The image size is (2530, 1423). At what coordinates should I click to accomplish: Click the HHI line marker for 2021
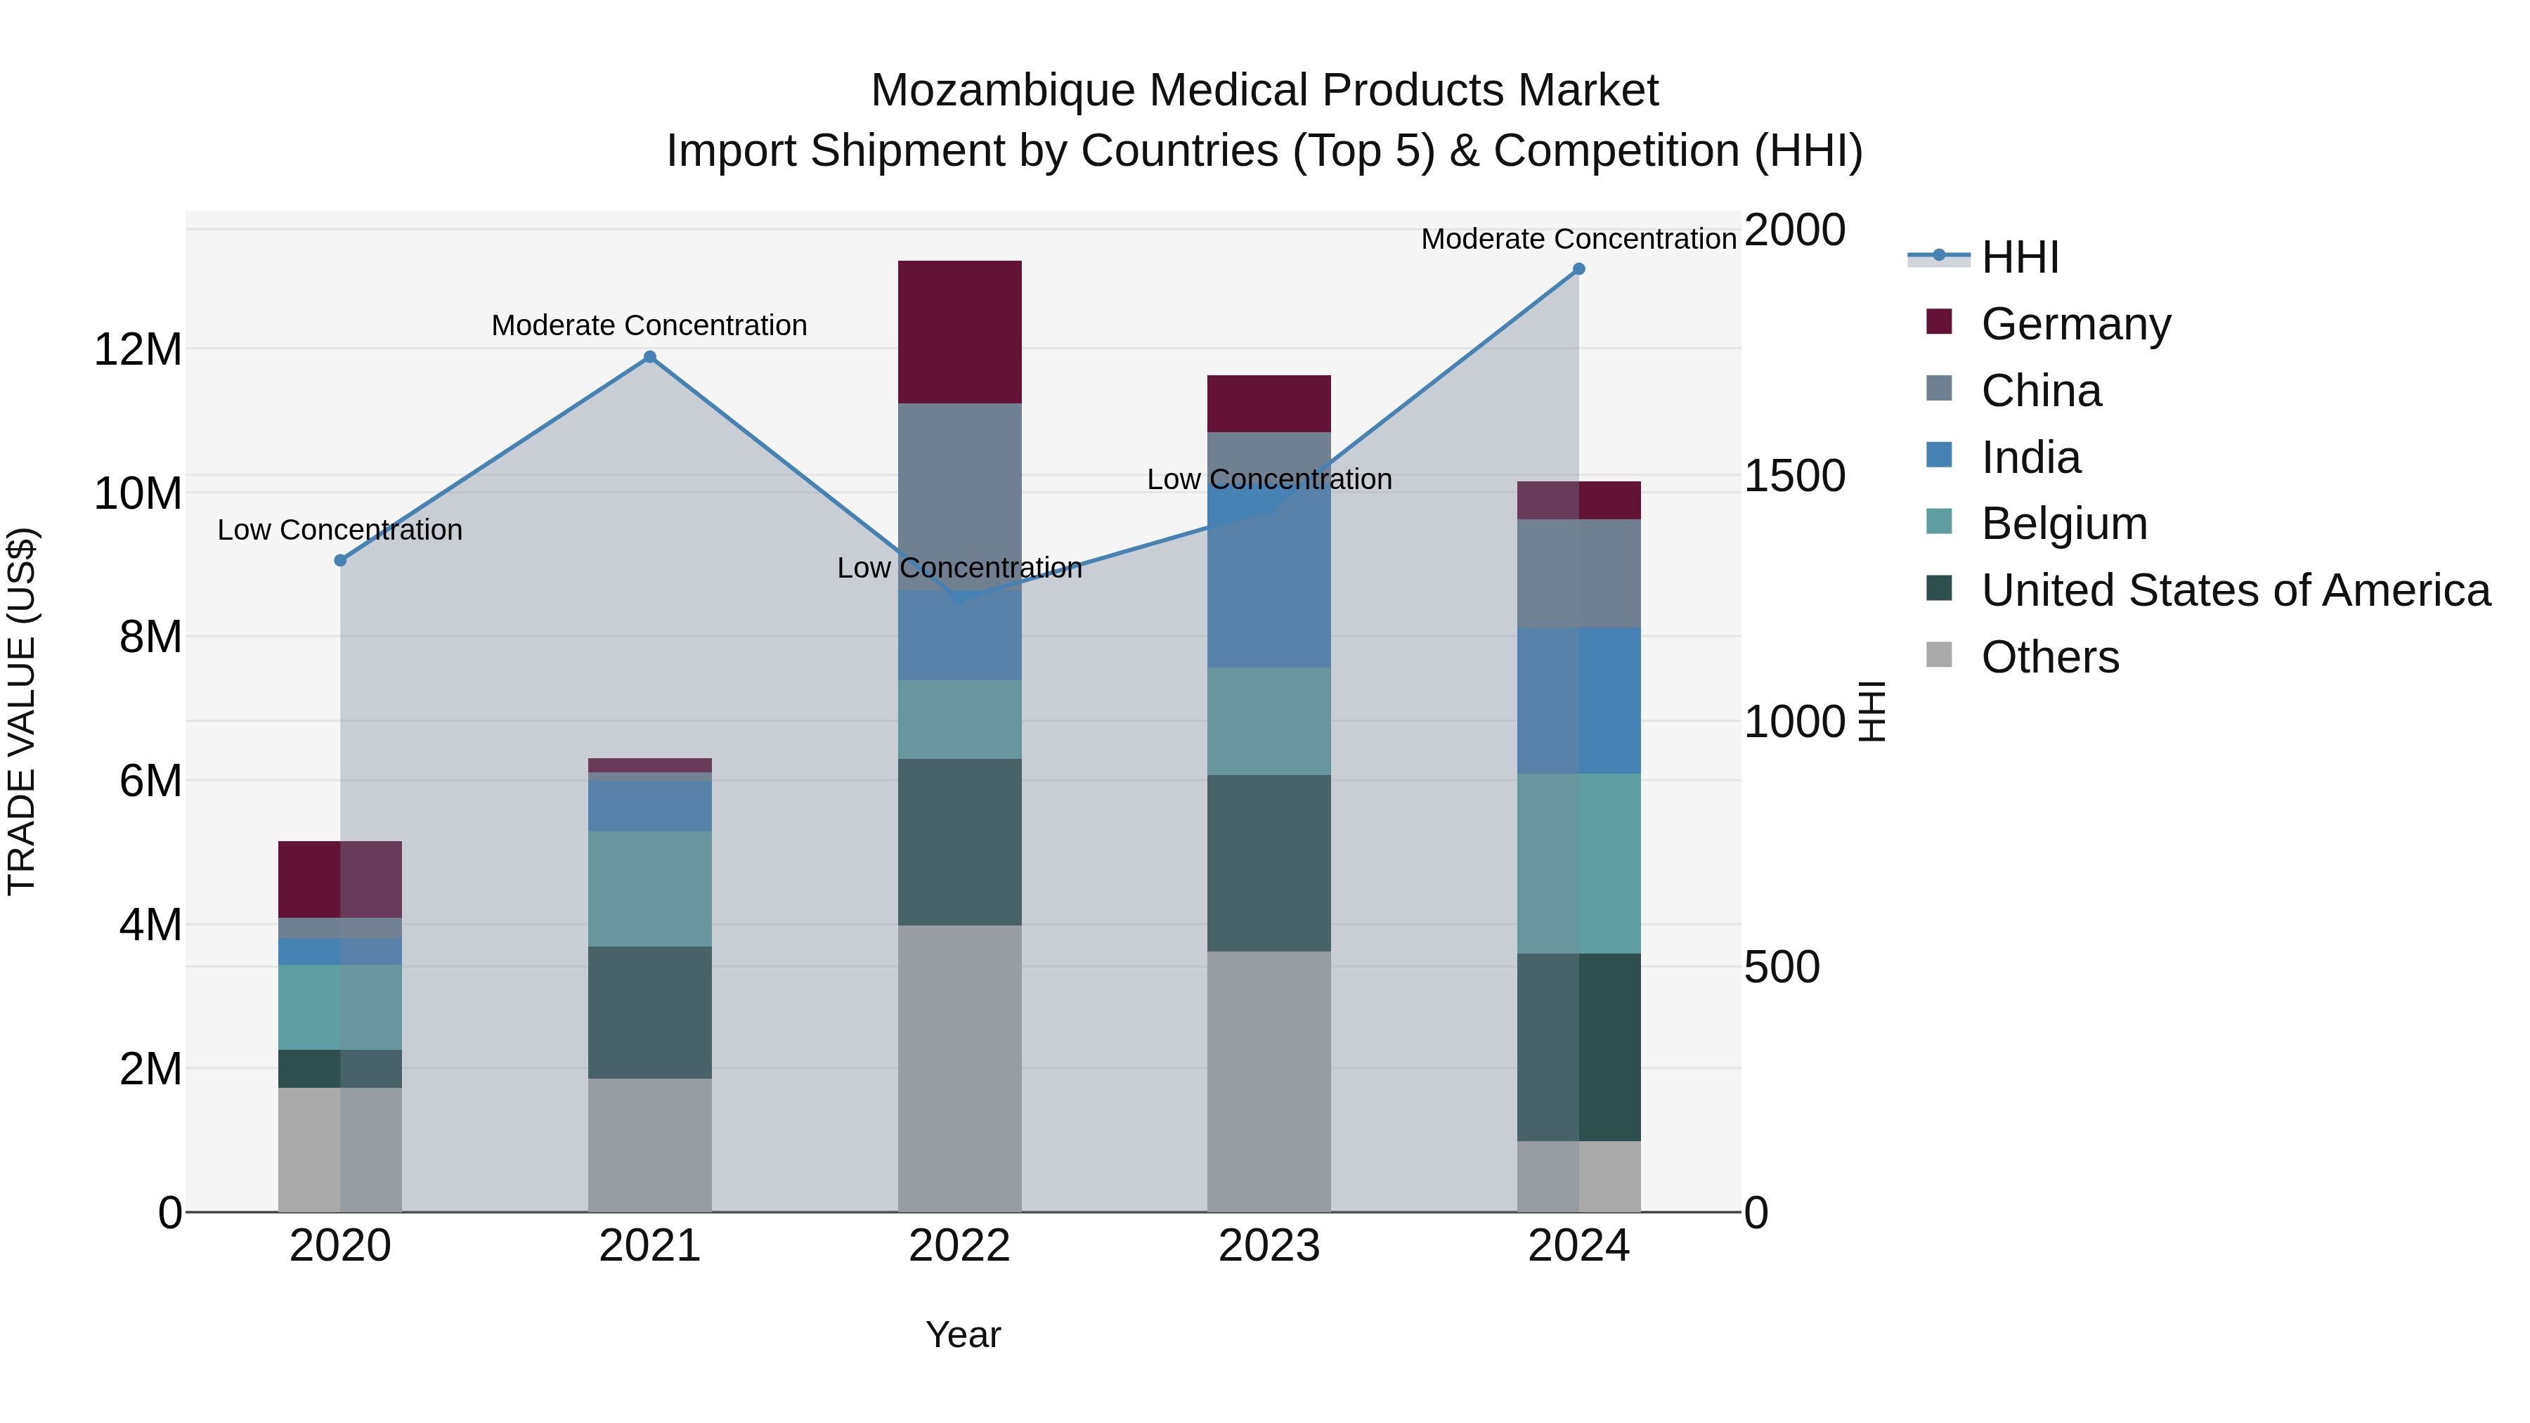tap(649, 358)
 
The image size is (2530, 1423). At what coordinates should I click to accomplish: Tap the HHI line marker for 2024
tap(1578, 269)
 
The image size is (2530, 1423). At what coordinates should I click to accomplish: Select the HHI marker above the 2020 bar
tap(340, 561)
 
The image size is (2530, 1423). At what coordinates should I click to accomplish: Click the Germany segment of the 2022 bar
tap(959, 332)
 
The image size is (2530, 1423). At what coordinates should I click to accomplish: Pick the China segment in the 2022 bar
tap(959, 496)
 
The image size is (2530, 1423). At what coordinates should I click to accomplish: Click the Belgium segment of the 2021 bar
tap(649, 889)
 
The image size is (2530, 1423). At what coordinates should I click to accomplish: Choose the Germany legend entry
tap(2075, 324)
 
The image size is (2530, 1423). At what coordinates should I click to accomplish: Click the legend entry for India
tap(2030, 457)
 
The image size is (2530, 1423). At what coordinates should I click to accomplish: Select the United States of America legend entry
tap(2234, 590)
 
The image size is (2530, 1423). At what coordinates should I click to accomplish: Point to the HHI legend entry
tap(2019, 257)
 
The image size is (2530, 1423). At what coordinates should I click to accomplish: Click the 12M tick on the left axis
tap(138, 350)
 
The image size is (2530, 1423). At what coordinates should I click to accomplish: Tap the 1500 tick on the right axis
tap(1794, 476)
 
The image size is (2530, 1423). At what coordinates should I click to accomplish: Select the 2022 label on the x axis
tap(959, 1246)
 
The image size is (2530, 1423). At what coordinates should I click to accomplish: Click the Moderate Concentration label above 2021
tap(649, 325)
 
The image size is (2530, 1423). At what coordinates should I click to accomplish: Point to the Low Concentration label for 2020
tap(340, 531)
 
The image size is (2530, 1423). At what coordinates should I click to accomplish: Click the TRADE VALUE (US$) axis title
tap(22, 711)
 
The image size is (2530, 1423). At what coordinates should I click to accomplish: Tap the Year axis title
tap(963, 1334)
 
